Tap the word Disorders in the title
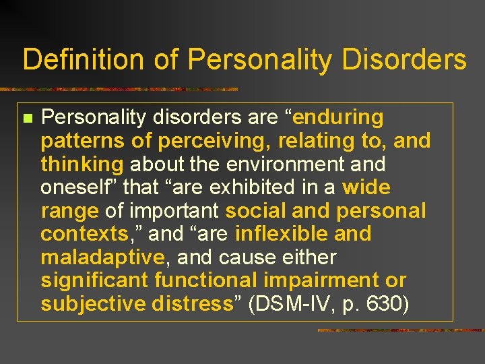point(403,59)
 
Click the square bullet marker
point(27,119)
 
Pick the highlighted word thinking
point(82,164)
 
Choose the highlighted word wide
point(366,188)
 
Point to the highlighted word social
point(255,211)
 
